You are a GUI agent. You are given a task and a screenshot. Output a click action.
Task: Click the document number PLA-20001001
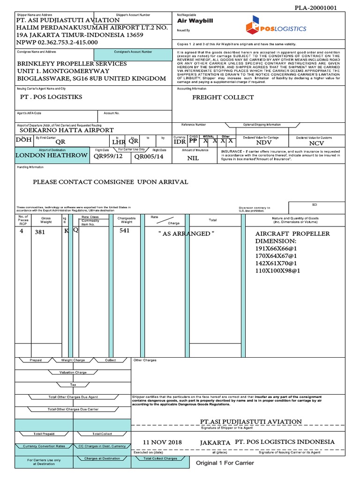pos(315,8)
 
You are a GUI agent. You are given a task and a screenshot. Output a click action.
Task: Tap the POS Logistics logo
pos(276,28)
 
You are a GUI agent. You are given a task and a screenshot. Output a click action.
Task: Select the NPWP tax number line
pos(57,42)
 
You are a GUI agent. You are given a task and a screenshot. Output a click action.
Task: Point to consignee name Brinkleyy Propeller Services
pos(72,63)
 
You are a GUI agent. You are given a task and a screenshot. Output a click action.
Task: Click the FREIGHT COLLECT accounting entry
pos(223,97)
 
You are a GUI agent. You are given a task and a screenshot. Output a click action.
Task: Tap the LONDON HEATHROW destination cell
pos(52,155)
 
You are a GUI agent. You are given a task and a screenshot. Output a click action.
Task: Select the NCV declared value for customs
pos(316,143)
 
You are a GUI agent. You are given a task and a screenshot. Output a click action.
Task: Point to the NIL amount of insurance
pos(193,158)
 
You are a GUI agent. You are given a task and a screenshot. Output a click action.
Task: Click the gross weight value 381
pos(40,232)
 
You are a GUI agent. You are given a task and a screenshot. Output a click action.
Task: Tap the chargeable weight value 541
pos(125,231)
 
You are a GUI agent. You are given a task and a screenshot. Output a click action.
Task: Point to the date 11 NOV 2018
pos(162,442)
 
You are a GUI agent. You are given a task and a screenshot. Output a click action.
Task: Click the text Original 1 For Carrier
pos(225,463)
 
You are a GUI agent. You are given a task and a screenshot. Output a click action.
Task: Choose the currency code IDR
pos(180,142)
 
